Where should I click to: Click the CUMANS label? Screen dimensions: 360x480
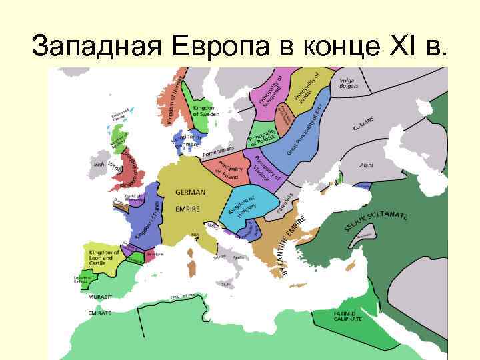pos(363,124)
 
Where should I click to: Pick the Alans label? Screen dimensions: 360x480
pos(366,164)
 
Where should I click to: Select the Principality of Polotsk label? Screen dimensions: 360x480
pos(264,136)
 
